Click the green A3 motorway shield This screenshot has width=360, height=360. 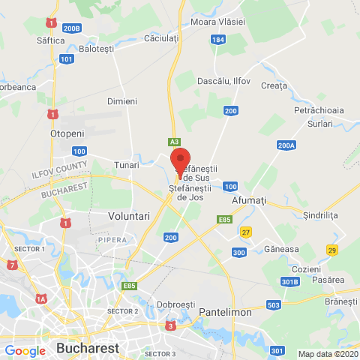[x=174, y=141]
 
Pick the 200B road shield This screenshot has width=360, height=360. [x=72, y=28]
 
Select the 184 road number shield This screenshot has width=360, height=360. [x=218, y=39]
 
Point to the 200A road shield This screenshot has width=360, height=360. [x=286, y=145]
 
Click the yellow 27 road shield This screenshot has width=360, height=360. [x=245, y=232]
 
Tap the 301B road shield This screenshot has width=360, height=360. [x=290, y=281]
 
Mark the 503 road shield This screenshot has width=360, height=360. [x=273, y=304]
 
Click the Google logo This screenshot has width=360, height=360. [x=25, y=350]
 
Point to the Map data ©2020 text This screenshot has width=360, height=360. [x=327, y=354]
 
